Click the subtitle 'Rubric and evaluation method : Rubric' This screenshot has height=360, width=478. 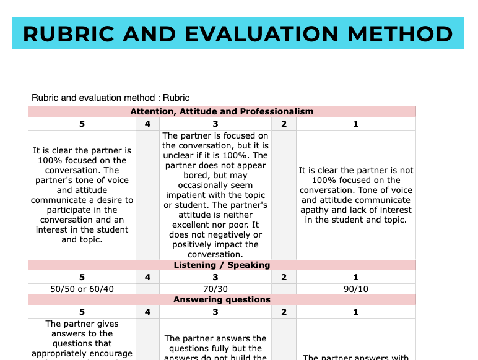click(x=110, y=98)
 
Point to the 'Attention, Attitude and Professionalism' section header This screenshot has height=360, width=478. click(x=222, y=112)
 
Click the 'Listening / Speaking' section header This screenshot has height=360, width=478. click(x=222, y=265)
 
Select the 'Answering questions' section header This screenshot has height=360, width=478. click(x=222, y=299)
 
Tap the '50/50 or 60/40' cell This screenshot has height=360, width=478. click(x=82, y=289)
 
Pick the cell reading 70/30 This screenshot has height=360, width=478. click(x=215, y=289)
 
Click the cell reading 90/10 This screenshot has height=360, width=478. click(x=356, y=289)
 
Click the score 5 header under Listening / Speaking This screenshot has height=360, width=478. click(x=82, y=277)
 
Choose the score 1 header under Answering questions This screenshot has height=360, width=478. click(x=356, y=312)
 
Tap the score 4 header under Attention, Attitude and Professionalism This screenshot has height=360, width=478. click(x=147, y=124)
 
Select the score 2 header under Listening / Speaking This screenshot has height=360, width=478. click(x=284, y=277)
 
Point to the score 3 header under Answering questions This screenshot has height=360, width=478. click(x=215, y=312)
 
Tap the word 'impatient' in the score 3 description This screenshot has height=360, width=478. click(x=185, y=195)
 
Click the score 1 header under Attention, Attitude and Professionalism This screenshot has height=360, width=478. click(x=356, y=124)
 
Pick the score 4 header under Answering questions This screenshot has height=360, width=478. click(x=147, y=312)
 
